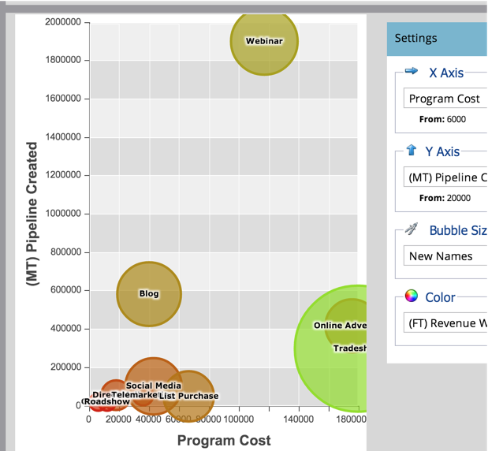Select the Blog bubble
[x=149, y=293]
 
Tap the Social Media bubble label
[x=153, y=386]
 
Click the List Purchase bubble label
[x=188, y=396]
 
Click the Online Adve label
[x=340, y=325]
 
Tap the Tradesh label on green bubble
[x=349, y=348]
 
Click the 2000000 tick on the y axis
[x=62, y=22]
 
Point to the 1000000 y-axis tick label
[x=62, y=214]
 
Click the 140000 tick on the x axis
[x=298, y=419]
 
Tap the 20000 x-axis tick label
[x=119, y=419]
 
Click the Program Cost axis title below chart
[x=224, y=440]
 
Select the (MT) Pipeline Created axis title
[x=32, y=213]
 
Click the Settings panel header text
[x=415, y=38]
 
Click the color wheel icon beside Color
[x=411, y=296]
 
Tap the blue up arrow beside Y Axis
[x=411, y=151]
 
